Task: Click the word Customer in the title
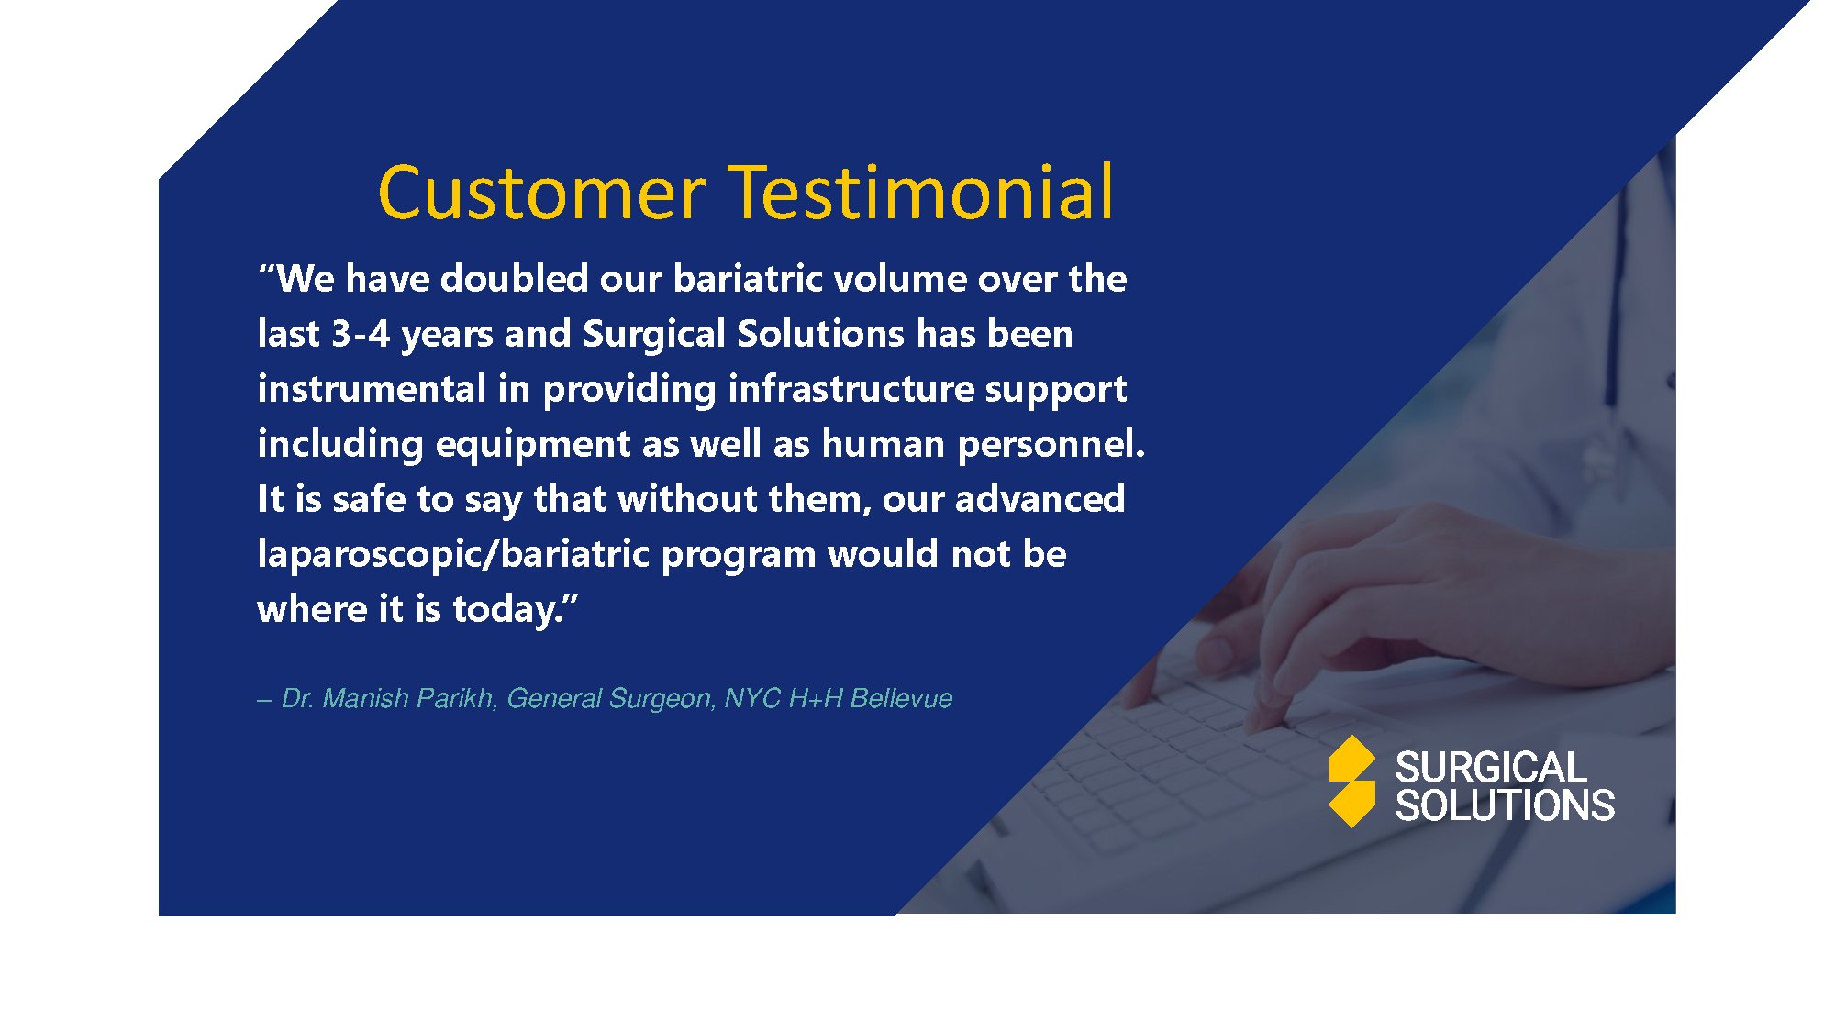(x=542, y=193)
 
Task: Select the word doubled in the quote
(x=515, y=278)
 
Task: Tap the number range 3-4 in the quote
(x=361, y=334)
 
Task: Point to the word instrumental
(x=372, y=388)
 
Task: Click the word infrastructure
(x=851, y=388)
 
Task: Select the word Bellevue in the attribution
(x=901, y=698)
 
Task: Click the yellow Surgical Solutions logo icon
(x=1351, y=782)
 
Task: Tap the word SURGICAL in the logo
(x=1490, y=768)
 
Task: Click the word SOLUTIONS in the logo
(x=1505, y=805)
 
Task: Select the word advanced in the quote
(x=1040, y=499)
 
